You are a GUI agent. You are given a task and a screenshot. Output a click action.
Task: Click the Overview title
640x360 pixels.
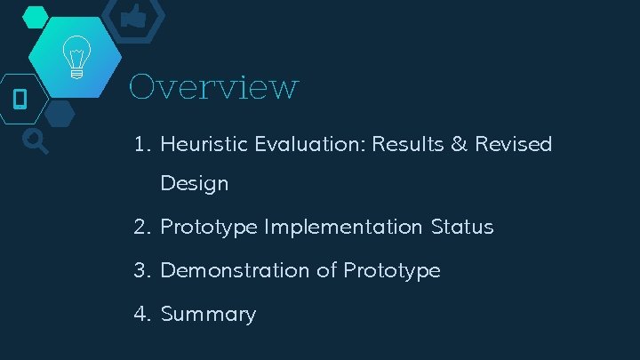[213, 87]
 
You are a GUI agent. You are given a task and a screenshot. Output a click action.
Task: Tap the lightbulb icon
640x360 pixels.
[76, 59]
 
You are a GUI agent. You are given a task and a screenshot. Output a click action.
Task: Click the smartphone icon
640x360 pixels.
[20, 98]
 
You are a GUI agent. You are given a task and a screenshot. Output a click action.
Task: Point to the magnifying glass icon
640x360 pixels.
[35, 140]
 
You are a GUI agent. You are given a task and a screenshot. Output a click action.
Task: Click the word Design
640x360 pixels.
[194, 185]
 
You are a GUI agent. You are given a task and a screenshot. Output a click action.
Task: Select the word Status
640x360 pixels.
[461, 228]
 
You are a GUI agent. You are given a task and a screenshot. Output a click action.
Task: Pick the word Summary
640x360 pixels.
[208, 315]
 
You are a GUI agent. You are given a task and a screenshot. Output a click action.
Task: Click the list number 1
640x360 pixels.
[141, 144]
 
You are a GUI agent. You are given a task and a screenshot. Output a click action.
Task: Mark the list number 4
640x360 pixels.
[141, 315]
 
